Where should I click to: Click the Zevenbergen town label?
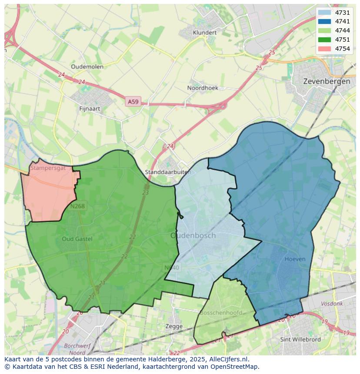coord(327,81)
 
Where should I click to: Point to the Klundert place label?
coord(204,33)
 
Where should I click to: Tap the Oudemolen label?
coord(87,66)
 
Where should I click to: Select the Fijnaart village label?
coord(90,109)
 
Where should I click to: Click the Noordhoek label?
coord(203,88)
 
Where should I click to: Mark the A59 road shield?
coord(133,102)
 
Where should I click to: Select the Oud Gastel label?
coord(77,239)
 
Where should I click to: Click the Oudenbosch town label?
coord(193,235)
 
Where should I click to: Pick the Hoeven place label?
coord(295,259)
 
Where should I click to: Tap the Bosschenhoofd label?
coord(221,313)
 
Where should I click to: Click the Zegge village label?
coord(174,326)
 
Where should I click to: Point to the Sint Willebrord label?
coord(300,339)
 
